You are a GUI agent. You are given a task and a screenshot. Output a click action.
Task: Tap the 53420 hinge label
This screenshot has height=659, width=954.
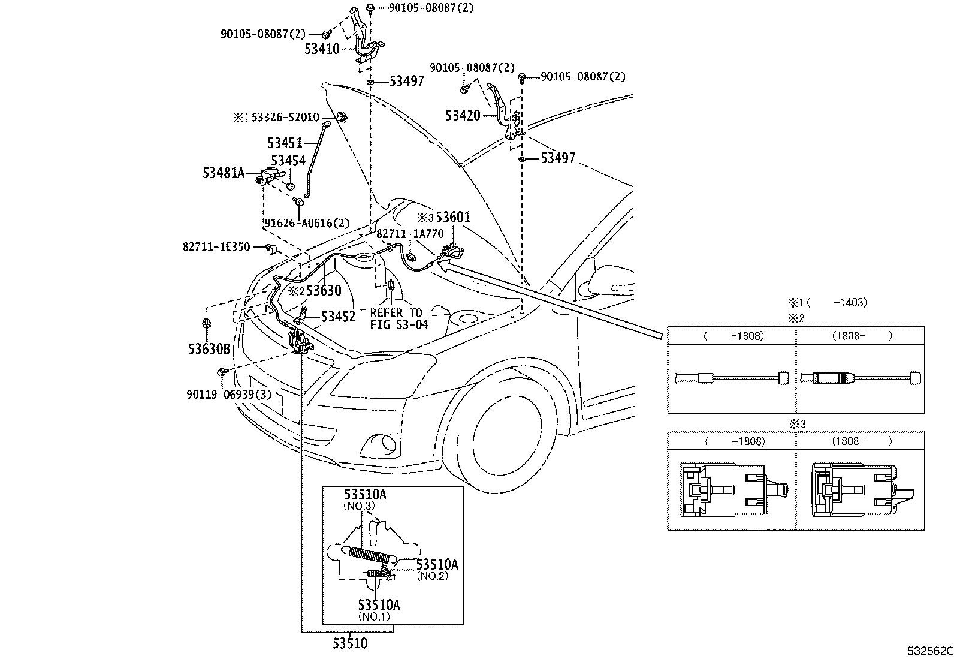[x=463, y=115]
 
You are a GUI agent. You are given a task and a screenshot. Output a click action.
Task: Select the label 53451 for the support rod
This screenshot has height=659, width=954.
[x=285, y=143]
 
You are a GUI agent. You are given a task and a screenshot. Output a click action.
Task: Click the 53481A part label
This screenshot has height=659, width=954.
[x=224, y=173]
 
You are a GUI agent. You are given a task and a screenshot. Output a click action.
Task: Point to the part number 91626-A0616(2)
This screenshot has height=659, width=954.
[x=307, y=224]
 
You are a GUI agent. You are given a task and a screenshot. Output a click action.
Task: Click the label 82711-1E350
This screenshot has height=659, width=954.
[x=216, y=246]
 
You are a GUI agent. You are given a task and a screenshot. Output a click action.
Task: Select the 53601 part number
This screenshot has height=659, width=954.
[x=453, y=217]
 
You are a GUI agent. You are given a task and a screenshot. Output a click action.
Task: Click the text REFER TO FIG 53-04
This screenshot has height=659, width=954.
[x=399, y=318]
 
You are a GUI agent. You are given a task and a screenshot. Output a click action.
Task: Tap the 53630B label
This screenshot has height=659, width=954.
[x=210, y=349]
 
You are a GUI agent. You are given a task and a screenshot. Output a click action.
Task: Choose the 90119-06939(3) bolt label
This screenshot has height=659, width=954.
[x=228, y=394]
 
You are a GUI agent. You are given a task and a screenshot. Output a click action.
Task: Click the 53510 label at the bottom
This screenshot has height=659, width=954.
[x=350, y=643]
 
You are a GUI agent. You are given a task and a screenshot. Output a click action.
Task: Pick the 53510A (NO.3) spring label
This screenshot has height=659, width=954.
[x=364, y=495]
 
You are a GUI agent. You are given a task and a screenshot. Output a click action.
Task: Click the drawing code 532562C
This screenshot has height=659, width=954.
[x=928, y=651]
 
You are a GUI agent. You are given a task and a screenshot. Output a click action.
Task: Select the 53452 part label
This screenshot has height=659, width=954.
[x=338, y=317]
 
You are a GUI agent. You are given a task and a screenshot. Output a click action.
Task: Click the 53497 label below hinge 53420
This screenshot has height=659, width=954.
[x=557, y=158]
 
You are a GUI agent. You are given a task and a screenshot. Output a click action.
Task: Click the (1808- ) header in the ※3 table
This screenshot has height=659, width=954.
[x=861, y=441]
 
